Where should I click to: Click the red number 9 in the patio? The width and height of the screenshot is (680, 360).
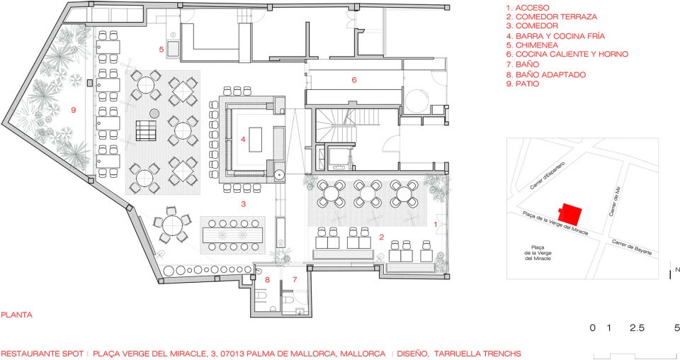[73, 110]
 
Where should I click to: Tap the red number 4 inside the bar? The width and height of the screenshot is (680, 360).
[243, 139]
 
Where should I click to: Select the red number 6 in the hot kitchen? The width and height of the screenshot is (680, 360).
[354, 80]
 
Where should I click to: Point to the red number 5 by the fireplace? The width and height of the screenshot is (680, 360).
[161, 50]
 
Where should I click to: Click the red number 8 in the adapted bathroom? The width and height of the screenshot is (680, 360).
[267, 280]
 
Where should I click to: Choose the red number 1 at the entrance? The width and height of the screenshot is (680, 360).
[436, 224]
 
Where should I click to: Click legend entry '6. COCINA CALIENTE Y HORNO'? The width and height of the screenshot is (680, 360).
[567, 55]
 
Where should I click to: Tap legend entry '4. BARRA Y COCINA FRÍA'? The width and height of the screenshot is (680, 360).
[555, 36]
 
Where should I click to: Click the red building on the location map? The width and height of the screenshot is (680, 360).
[571, 213]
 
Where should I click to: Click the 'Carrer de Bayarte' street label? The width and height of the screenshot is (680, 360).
[634, 249]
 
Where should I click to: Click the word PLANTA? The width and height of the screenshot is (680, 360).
[16, 315]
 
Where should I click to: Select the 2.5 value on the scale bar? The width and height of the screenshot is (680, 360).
[637, 328]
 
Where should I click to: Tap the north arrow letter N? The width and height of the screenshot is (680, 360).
[677, 270]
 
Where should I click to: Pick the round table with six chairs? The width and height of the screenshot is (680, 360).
[172, 225]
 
